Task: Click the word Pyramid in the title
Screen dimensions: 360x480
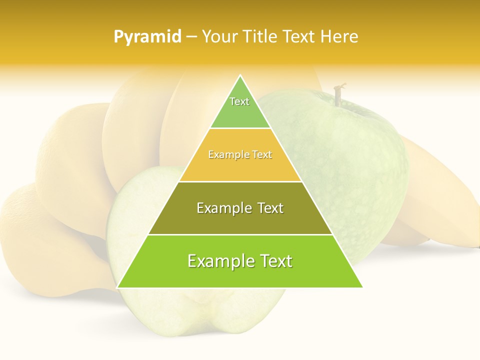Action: [x=147, y=37]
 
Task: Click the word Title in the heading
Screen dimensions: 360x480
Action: [x=260, y=37]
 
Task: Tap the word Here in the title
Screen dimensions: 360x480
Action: [x=339, y=37]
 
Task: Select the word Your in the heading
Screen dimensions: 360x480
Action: [x=219, y=37]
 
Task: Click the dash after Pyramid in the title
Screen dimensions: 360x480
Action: [x=191, y=37]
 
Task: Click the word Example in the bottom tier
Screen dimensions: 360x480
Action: [x=218, y=261]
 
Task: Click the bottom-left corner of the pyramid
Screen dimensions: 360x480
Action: [x=118, y=287]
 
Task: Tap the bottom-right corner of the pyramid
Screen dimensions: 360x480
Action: [x=361, y=287]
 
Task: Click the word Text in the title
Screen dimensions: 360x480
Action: [x=298, y=37]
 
